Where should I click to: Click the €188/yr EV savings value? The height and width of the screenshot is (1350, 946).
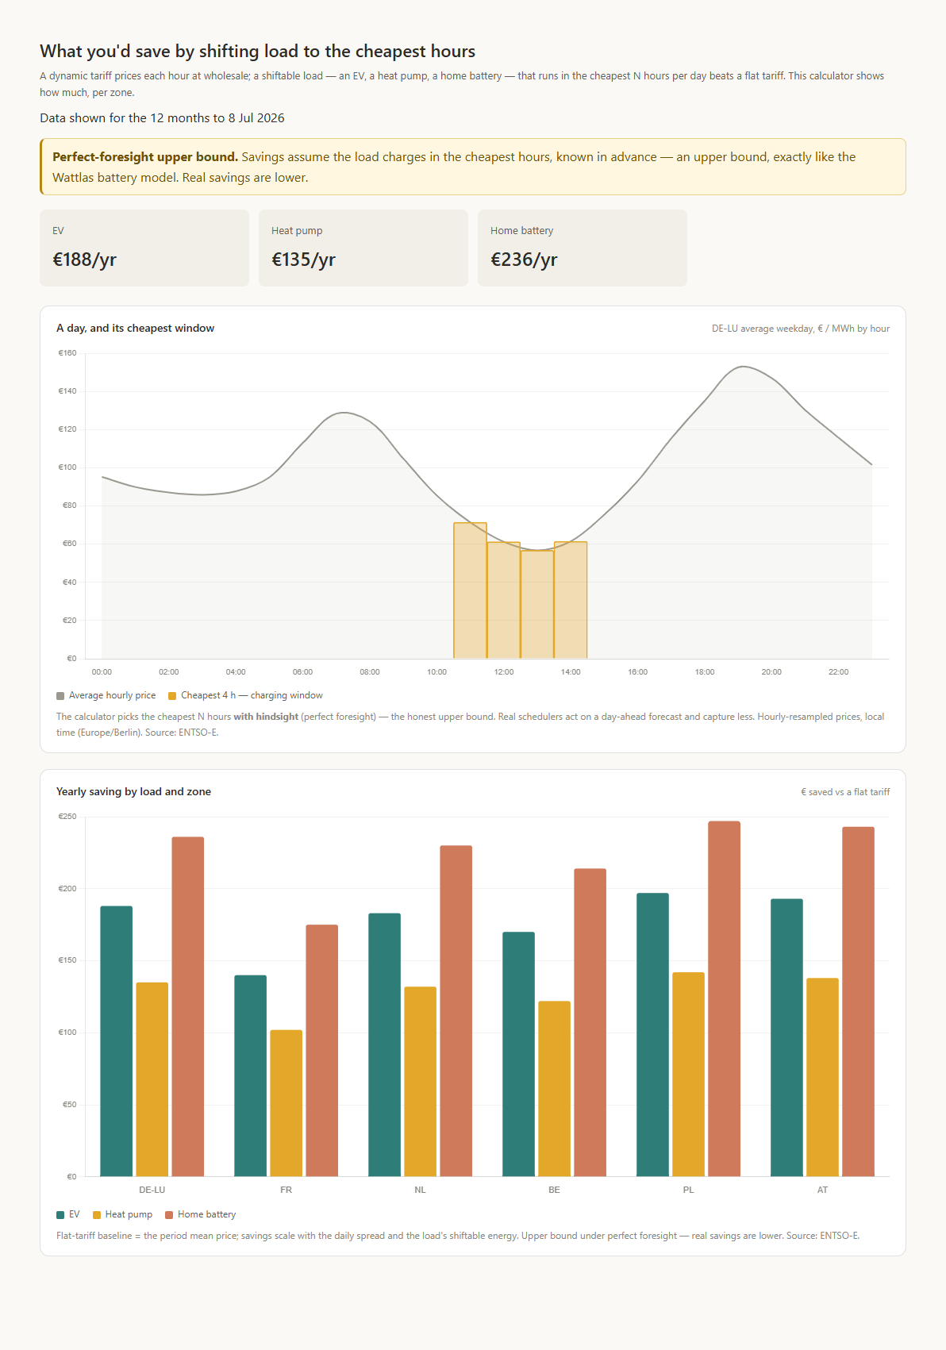click(84, 260)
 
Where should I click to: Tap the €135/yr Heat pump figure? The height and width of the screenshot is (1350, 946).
click(303, 260)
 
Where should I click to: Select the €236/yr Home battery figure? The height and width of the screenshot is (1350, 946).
click(524, 260)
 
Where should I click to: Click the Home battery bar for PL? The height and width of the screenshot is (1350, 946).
click(724, 998)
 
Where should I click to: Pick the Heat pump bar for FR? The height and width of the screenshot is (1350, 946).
click(286, 1103)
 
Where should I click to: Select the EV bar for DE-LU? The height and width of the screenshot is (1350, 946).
click(117, 1040)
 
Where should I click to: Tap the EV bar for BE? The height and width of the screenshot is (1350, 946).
click(518, 1054)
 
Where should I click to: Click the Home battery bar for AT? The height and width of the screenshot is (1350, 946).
click(858, 1001)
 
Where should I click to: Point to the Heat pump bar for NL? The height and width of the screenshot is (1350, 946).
click(420, 1081)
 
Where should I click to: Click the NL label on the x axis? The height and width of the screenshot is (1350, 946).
click(420, 1190)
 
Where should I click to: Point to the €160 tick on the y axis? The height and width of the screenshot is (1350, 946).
click(67, 353)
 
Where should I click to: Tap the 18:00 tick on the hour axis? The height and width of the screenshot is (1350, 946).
click(705, 672)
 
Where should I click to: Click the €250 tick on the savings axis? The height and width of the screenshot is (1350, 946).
click(67, 817)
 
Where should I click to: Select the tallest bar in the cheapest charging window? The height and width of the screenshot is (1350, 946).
click(470, 590)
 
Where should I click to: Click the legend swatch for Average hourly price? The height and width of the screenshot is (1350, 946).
click(60, 696)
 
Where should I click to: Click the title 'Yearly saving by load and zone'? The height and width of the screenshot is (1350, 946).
click(134, 791)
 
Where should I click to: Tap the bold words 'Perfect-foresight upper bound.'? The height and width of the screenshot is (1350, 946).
click(145, 156)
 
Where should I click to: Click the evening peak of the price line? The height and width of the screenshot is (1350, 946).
click(744, 367)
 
